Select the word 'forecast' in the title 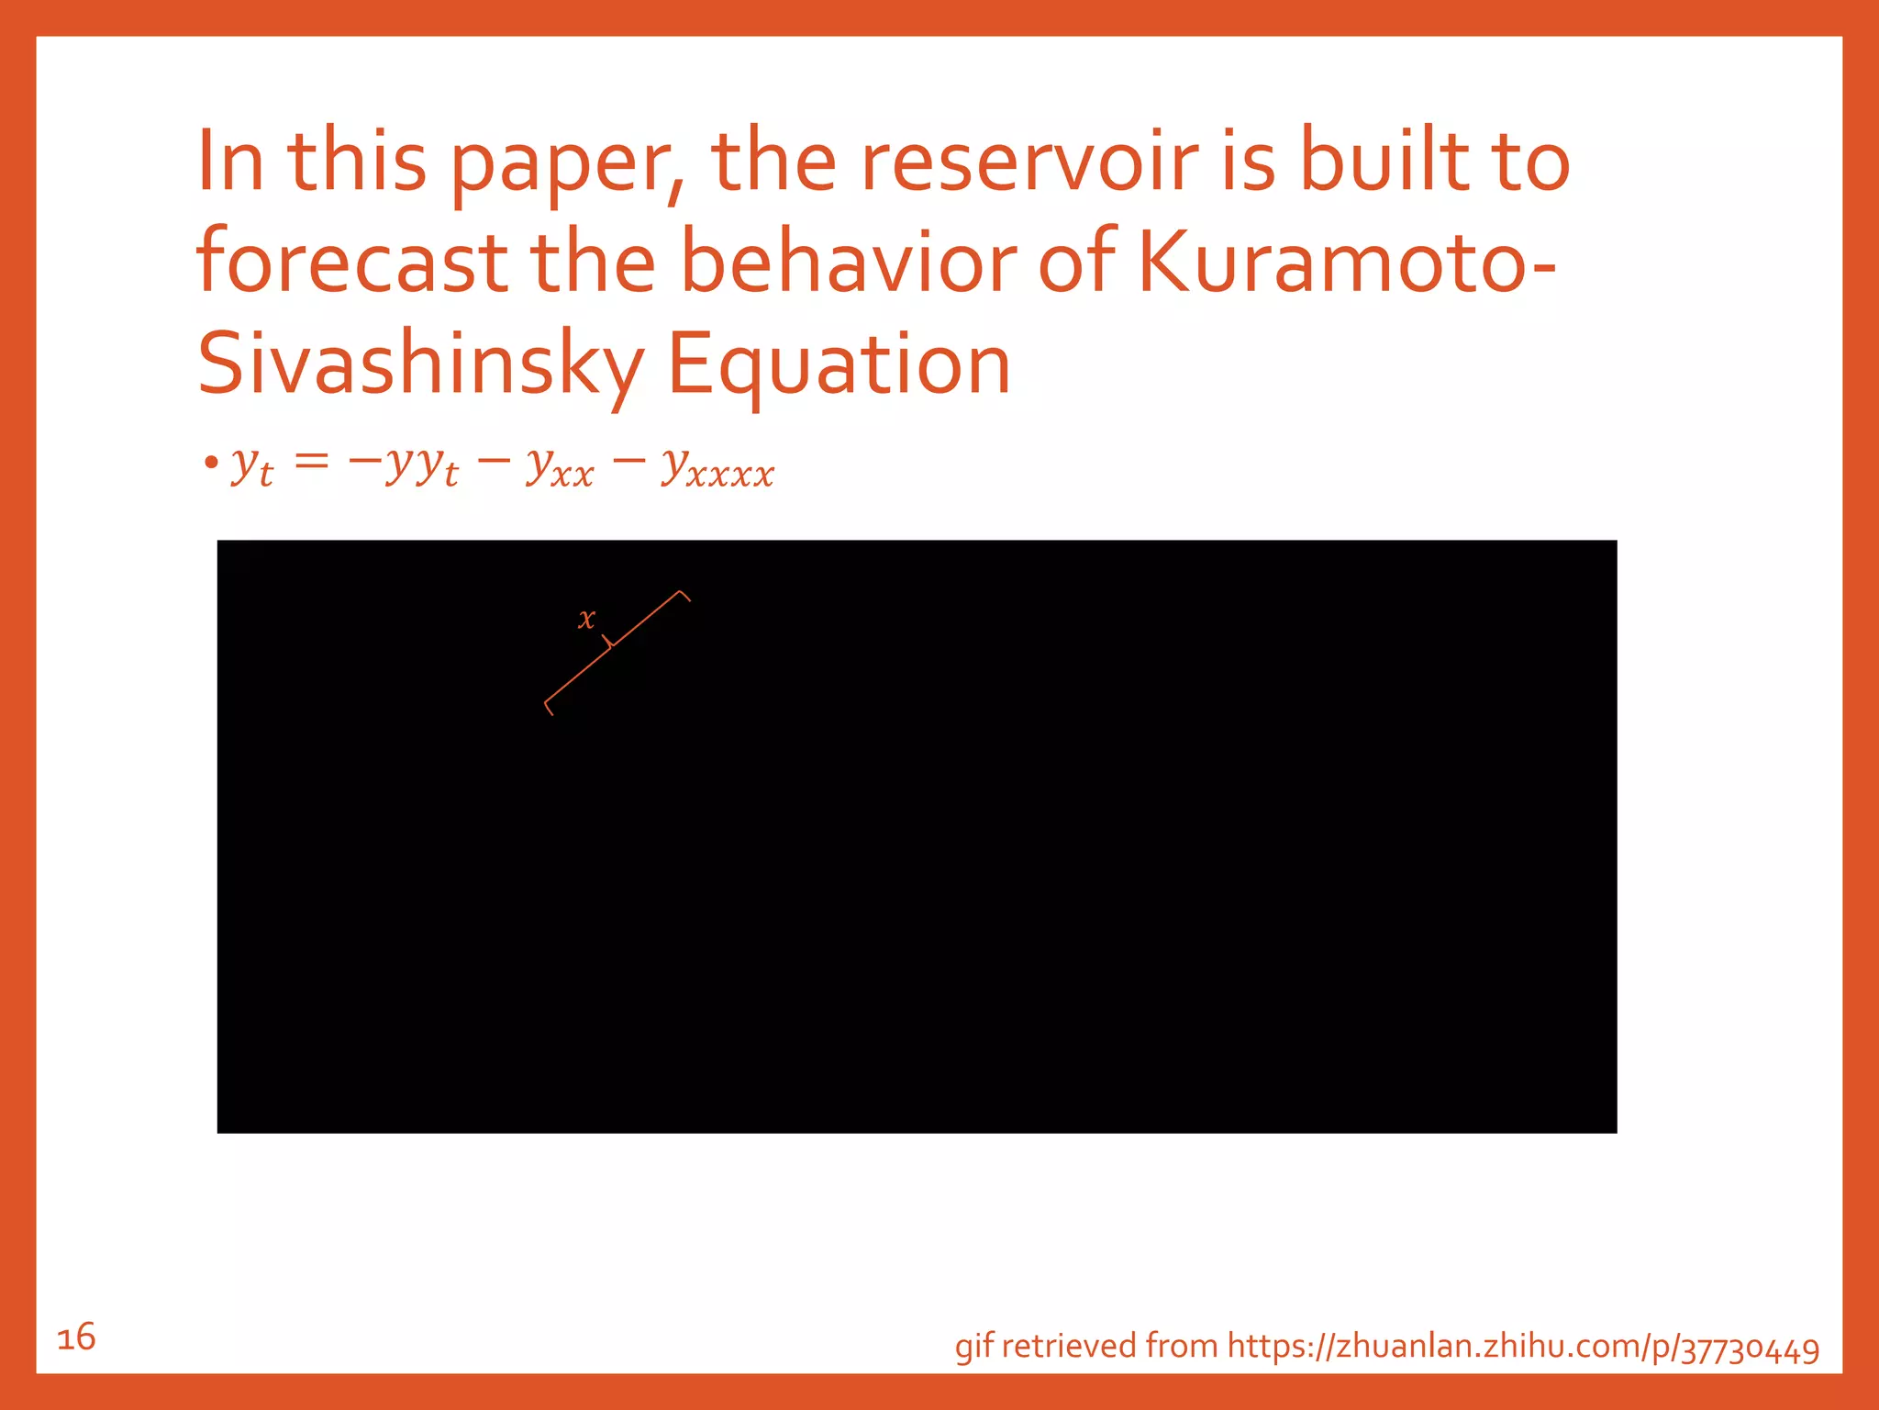pyautogui.click(x=352, y=263)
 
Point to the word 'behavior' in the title pyautogui.click(x=849, y=263)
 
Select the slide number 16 pyautogui.click(x=76, y=1337)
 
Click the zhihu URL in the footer pyautogui.click(x=1523, y=1347)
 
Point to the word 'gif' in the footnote pyautogui.click(x=973, y=1347)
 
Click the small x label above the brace pyautogui.click(x=586, y=619)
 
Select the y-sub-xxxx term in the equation pyautogui.click(x=718, y=467)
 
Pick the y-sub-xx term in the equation pyautogui.click(x=560, y=467)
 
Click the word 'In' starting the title pyautogui.click(x=230, y=162)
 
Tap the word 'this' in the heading pyautogui.click(x=358, y=162)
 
